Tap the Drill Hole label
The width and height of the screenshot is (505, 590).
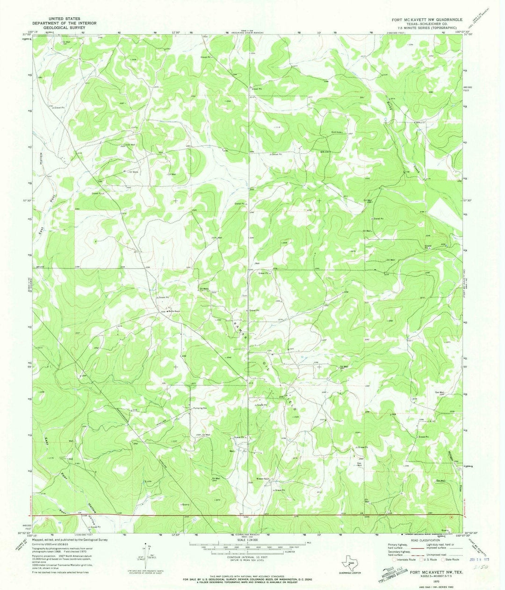[338, 132]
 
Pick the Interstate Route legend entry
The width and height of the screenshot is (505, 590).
[405, 559]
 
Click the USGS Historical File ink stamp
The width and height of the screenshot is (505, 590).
[393, 573]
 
